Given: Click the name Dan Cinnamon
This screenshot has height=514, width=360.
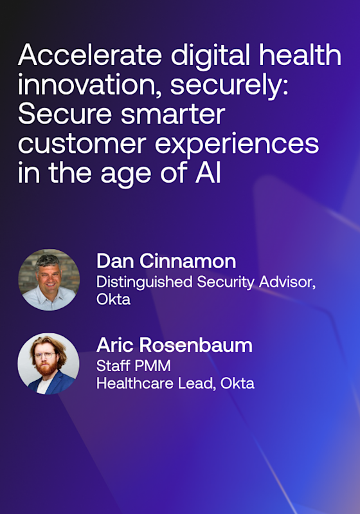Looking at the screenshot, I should tap(166, 261).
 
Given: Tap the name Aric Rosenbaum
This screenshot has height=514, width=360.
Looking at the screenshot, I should tap(174, 345).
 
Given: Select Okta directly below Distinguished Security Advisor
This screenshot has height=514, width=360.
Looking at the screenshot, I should tap(113, 300).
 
